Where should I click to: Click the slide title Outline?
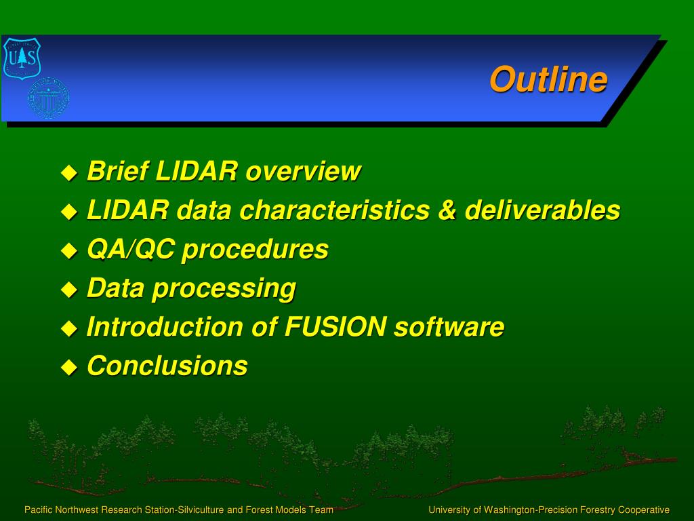pyautogui.click(x=548, y=79)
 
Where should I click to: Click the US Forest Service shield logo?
pyautogui.click(x=22, y=58)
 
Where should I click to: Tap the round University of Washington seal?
pyautogui.click(x=48, y=98)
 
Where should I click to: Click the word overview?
pyautogui.click(x=303, y=171)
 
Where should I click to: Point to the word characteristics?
pyautogui.click(x=335, y=210)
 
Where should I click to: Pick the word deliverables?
pyautogui.click(x=542, y=210)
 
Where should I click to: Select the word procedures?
pyautogui.click(x=255, y=250)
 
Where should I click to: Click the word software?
pyautogui.click(x=449, y=326)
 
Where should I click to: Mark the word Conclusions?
pyautogui.click(x=167, y=366)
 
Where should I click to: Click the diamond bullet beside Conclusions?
pyautogui.click(x=69, y=368)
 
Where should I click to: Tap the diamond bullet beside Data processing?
pyautogui.click(x=69, y=290)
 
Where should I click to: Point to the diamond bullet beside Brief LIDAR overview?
pyautogui.click(x=69, y=173)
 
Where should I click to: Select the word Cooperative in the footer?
pyautogui.click(x=644, y=510)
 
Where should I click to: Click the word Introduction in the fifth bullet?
pyautogui.click(x=165, y=326)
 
